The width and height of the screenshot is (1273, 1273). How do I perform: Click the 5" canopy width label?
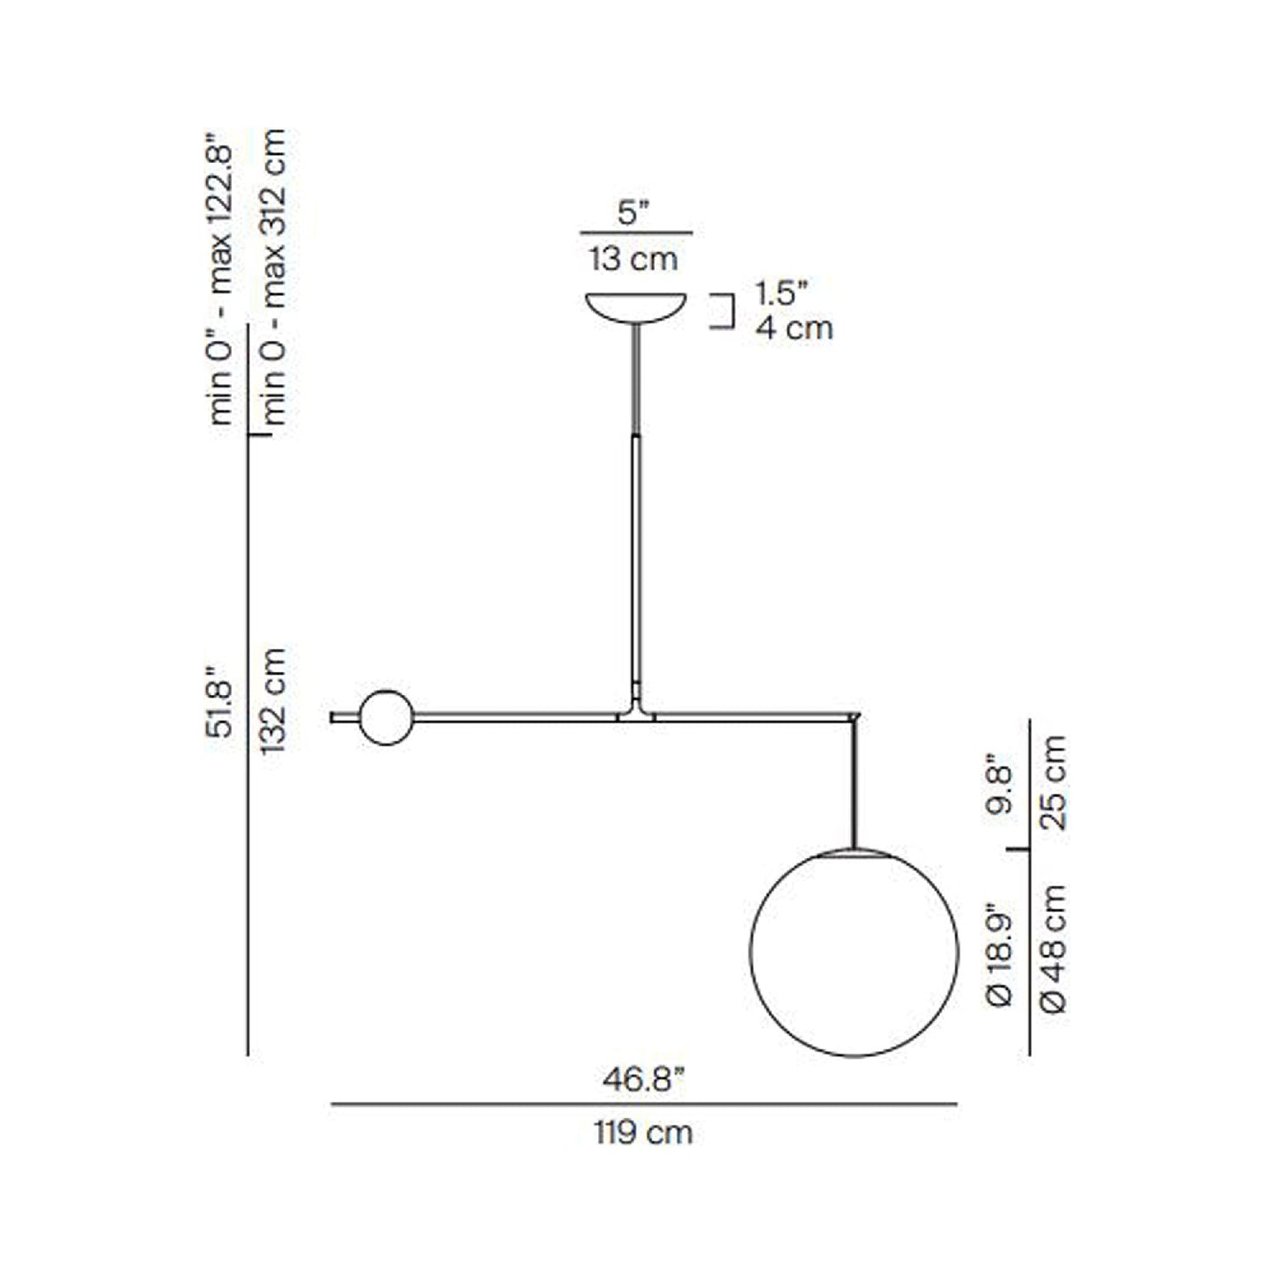(633, 212)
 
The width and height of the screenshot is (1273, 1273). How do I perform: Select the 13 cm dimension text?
(633, 259)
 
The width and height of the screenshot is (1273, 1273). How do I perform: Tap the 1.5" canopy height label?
(781, 293)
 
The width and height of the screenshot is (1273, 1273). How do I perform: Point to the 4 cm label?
(794, 328)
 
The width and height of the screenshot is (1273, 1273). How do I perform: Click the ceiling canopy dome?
(636, 307)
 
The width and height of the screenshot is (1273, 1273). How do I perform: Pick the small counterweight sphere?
(386, 717)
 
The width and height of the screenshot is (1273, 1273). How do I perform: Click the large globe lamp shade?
(854, 952)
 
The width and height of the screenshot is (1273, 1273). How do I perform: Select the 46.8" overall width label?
(643, 1079)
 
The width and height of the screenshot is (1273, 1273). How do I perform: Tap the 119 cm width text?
(643, 1132)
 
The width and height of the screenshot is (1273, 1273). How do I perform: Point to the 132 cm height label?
(274, 700)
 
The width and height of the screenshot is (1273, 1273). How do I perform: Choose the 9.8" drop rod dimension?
(1002, 784)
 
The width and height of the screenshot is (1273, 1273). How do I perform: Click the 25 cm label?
(1054, 782)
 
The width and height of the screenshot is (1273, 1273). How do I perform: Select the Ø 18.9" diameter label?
(1002, 954)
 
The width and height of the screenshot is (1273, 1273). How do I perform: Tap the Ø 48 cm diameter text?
(1054, 950)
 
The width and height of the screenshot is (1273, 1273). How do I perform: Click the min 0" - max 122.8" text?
(220, 280)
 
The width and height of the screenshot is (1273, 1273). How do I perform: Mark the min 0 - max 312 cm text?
(274, 278)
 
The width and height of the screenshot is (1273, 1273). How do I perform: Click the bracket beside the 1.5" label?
(726, 311)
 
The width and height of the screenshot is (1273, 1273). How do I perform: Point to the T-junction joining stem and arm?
(636, 712)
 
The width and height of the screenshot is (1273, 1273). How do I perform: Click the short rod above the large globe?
(854, 784)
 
